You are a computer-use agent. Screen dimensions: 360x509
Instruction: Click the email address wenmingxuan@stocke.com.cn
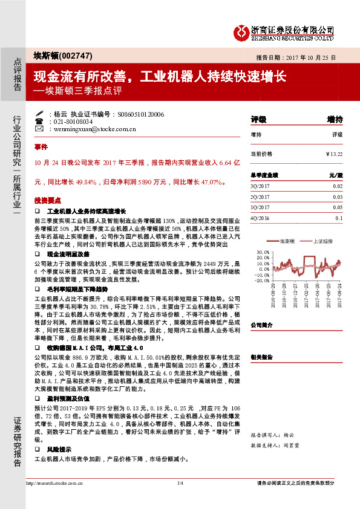click(90, 129)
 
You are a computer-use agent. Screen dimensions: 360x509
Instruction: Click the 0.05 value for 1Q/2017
click(338, 207)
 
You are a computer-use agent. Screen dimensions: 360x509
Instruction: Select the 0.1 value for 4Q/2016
click(339, 218)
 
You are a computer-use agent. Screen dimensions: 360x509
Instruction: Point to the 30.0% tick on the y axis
click(263, 250)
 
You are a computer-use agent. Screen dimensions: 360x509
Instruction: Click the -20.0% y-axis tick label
click(262, 281)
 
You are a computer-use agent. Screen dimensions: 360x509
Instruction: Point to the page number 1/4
click(180, 499)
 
